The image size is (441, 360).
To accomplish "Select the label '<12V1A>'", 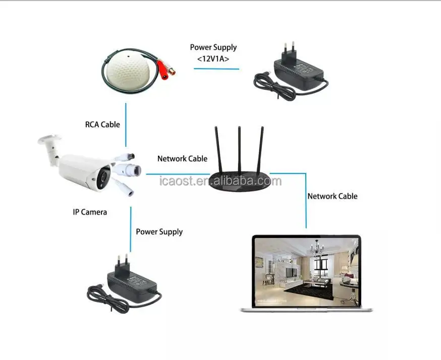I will (213, 58).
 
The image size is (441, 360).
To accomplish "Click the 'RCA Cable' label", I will (102, 124).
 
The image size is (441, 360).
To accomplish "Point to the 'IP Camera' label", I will (90, 212).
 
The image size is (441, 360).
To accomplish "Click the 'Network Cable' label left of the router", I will (182, 158).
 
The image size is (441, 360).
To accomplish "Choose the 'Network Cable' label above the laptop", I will (332, 196).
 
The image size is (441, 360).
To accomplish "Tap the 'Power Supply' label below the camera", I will (159, 232).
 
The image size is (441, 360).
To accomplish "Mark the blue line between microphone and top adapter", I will (216, 69).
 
